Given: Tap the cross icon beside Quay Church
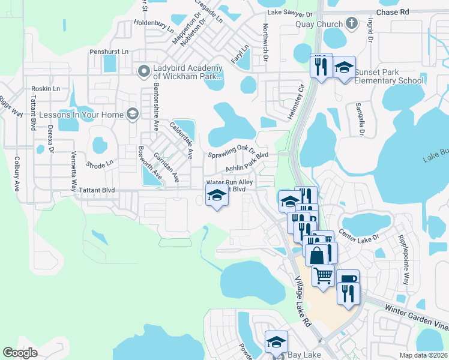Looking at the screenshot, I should click(352, 24).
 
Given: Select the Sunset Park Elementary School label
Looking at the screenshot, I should click(389, 77).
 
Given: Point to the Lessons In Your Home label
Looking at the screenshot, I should click(81, 114).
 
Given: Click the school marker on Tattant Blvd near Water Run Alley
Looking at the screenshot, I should click(217, 194).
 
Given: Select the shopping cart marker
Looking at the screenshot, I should click(323, 275).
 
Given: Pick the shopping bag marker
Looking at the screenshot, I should click(316, 254).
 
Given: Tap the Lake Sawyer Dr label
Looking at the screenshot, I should click(291, 13).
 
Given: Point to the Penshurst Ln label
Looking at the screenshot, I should click(109, 52).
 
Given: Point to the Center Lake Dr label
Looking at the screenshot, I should click(360, 232).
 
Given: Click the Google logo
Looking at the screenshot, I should click(20, 352).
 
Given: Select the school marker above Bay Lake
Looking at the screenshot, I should click(276, 342).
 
